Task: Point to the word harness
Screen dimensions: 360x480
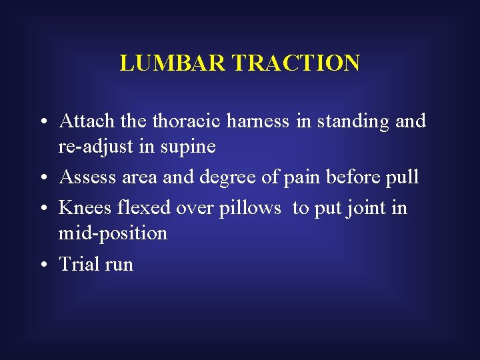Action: coord(261,121)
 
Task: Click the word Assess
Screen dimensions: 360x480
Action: coord(84,177)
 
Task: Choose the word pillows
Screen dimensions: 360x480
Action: coord(247,209)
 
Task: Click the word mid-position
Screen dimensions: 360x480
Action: coord(113,234)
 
